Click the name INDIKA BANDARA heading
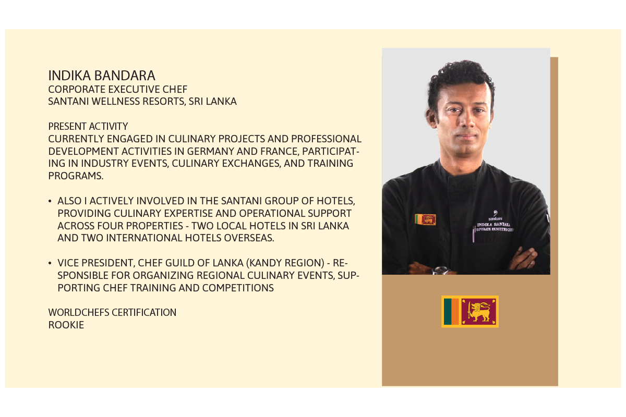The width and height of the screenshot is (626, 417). (102, 76)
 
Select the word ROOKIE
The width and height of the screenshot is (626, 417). (66, 325)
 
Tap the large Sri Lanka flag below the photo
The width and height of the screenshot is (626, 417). (470, 311)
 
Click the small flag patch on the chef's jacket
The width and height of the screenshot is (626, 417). (425, 219)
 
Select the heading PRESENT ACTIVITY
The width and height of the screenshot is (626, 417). (88, 127)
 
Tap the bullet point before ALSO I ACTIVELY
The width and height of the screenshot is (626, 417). (50, 201)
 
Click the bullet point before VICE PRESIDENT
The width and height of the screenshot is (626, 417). (50, 263)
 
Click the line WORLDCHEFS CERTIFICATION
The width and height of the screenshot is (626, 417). (112, 313)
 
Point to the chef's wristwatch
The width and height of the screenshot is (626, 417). (440, 270)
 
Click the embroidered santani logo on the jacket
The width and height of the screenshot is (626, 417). (495, 216)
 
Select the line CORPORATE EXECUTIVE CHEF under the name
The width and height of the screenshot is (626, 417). (118, 89)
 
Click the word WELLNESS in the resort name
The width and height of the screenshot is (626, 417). (116, 102)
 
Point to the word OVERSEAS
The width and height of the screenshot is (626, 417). (249, 238)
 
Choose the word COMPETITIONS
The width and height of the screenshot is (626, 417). (238, 288)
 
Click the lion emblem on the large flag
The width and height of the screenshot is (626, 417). (479, 312)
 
